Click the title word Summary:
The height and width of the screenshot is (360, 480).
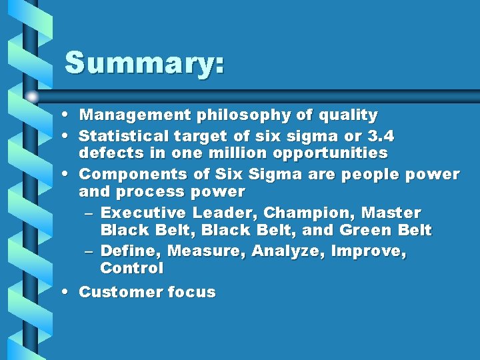click(144, 63)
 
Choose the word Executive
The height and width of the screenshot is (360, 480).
click(143, 213)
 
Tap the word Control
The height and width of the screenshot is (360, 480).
click(131, 269)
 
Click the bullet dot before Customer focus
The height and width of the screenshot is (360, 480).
click(69, 292)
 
